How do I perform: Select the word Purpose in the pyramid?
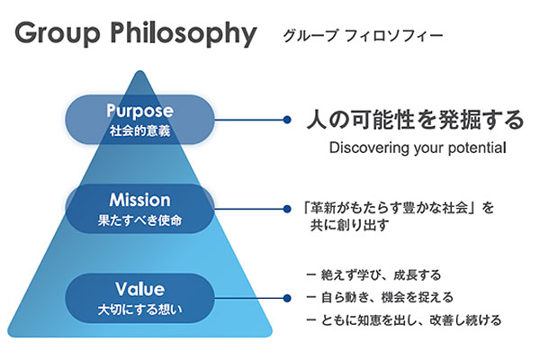click(x=139, y=111)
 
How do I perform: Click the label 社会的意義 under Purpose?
click(x=139, y=130)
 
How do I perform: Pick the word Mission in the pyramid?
click(x=139, y=199)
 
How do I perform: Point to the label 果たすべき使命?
click(x=139, y=219)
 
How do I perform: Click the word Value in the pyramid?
click(x=139, y=289)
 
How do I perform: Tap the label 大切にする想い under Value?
click(x=139, y=309)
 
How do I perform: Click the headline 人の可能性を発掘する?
click(x=414, y=119)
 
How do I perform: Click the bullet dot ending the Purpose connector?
click(x=286, y=119)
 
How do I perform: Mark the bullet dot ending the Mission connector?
click(x=286, y=207)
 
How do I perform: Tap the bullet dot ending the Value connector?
click(x=286, y=297)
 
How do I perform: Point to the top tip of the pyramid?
click(x=139, y=73)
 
